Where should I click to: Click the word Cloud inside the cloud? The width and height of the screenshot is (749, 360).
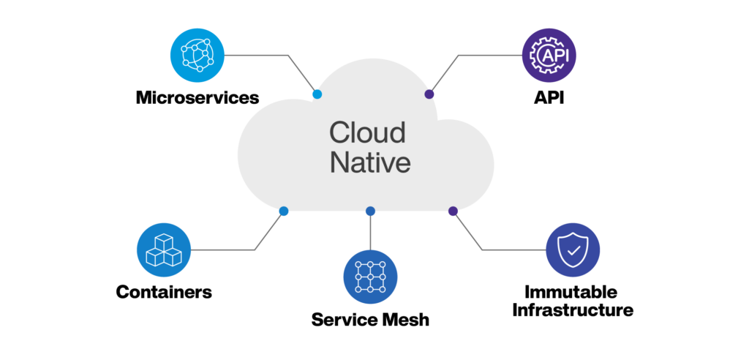click(x=367, y=133)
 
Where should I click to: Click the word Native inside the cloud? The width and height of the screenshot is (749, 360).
click(x=370, y=162)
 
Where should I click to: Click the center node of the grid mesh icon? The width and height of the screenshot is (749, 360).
click(x=369, y=277)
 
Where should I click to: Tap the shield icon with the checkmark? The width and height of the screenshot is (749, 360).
click(x=572, y=250)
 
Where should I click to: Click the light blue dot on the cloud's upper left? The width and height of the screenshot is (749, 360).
click(x=317, y=94)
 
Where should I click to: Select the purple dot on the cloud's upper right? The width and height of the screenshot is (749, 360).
click(x=430, y=94)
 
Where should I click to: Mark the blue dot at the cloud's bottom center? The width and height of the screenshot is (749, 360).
click(x=370, y=212)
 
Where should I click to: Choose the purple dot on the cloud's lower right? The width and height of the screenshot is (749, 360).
click(x=453, y=212)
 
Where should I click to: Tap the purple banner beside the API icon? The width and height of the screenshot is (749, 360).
click(x=658, y=55)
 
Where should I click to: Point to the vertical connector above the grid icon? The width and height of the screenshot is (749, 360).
click(x=370, y=230)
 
